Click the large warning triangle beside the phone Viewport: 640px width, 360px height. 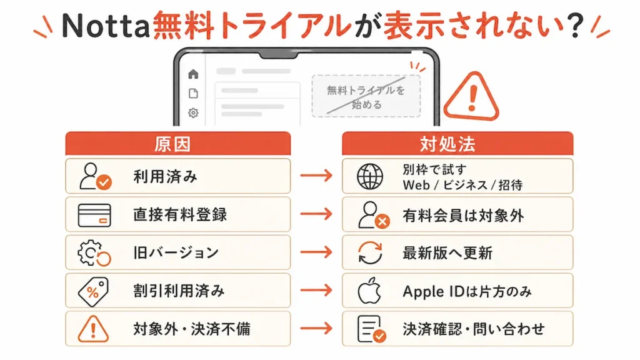tap(471, 96)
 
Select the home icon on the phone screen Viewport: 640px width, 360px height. tap(193, 74)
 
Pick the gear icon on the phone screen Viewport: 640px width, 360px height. tap(193, 112)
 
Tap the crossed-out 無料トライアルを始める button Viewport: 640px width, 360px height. tap(366, 96)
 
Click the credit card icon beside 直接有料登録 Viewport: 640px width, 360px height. tap(94, 215)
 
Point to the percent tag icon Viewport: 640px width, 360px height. tap(94, 291)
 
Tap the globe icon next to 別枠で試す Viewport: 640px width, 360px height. tap(370, 176)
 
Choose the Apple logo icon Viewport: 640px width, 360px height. tap(369, 291)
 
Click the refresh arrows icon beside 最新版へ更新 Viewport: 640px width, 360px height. tap(370, 252)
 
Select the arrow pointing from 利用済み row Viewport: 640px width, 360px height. tap(316, 176)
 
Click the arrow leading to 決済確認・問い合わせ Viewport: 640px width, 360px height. tap(316, 329)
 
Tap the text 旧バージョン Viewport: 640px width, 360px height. tap(176, 252)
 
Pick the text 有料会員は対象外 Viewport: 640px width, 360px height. tap(463, 216)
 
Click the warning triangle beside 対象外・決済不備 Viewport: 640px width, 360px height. tap(93, 329)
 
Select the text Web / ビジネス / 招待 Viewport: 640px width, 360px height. tap(462, 185)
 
